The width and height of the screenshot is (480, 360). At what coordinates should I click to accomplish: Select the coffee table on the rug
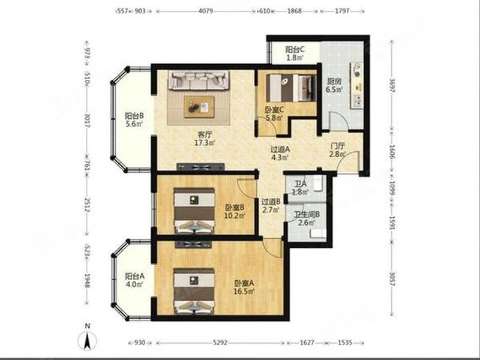(x=199, y=107)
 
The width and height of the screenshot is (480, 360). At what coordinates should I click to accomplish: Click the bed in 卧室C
(x=291, y=88)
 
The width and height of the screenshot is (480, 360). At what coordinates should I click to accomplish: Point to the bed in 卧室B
(x=194, y=211)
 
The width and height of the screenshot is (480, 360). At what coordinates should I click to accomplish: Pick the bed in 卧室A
(x=194, y=291)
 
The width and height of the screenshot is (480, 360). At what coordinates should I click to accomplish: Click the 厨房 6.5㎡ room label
(x=334, y=85)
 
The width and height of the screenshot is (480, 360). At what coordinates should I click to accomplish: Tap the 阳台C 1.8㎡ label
(x=295, y=53)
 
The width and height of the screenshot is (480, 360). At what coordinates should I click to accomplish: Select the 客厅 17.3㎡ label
(x=205, y=139)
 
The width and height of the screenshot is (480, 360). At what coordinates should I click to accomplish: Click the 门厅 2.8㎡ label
(x=337, y=150)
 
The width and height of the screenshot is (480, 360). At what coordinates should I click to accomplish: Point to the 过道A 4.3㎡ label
(x=280, y=154)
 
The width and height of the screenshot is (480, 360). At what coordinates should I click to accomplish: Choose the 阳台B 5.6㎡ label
(x=134, y=119)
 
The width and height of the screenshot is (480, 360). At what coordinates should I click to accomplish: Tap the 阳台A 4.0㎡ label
(x=134, y=280)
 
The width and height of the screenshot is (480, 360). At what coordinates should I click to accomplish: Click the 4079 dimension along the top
(x=206, y=11)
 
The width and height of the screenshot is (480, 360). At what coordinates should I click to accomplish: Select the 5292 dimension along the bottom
(x=220, y=342)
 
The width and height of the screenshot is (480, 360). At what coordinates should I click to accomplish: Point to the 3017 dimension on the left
(x=87, y=121)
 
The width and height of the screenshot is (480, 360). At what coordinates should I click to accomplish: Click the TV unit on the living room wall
(x=200, y=167)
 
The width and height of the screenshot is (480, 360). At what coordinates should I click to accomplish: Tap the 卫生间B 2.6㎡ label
(x=307, y=218)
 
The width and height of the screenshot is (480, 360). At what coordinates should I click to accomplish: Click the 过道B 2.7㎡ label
(x=271, y=206)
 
